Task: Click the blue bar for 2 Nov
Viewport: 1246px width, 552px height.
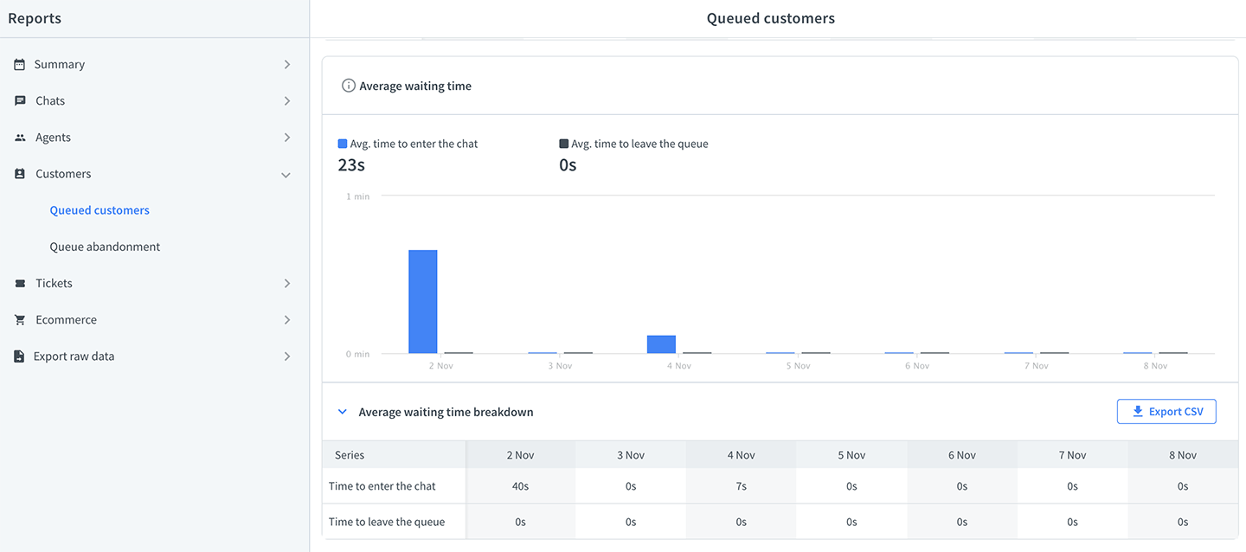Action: click(423, 301)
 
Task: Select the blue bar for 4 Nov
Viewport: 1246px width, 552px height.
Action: click(661, 343)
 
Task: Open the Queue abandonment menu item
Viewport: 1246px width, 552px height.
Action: click(105, 247)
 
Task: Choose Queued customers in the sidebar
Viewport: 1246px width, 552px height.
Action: click(100, 209)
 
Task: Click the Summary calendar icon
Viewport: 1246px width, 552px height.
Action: click(19, 65)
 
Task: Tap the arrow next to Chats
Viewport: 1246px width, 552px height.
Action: click(287, 100)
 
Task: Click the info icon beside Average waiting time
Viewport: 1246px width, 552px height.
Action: click(348, 86)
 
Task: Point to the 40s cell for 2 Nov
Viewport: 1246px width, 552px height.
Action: click(520, 485)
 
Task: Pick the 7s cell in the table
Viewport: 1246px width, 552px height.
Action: click(741, 485)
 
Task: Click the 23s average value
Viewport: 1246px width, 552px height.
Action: click(351, 164)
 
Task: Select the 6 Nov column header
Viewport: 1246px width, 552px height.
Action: click(962, 454)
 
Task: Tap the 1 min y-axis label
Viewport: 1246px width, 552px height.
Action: click(357, 196)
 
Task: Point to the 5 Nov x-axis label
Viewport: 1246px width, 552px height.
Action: click(798, 366)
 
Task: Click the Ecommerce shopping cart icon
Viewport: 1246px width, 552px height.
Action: click(20, 319)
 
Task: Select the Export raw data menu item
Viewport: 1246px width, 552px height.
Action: click(74, 356)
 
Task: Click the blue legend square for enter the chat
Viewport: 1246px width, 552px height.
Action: click(343, 144)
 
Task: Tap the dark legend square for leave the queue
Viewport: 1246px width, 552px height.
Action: click(563, 144)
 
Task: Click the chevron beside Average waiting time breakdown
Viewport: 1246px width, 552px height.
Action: click(343, 412)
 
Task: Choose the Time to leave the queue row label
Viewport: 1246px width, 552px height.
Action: click(387, 522)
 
